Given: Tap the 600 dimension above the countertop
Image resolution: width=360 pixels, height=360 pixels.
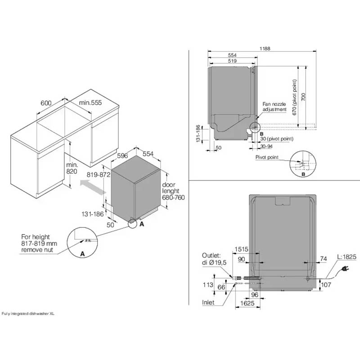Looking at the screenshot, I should [46, 103].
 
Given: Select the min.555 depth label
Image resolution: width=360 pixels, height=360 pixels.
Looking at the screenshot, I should [91, 103].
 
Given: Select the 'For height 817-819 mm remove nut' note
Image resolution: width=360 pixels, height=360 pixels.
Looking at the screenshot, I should [37, 243].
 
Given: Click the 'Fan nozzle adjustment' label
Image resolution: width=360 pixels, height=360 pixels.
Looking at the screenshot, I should [274, 107].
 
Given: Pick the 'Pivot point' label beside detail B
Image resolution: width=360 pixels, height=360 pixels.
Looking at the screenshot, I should [267, 157].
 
